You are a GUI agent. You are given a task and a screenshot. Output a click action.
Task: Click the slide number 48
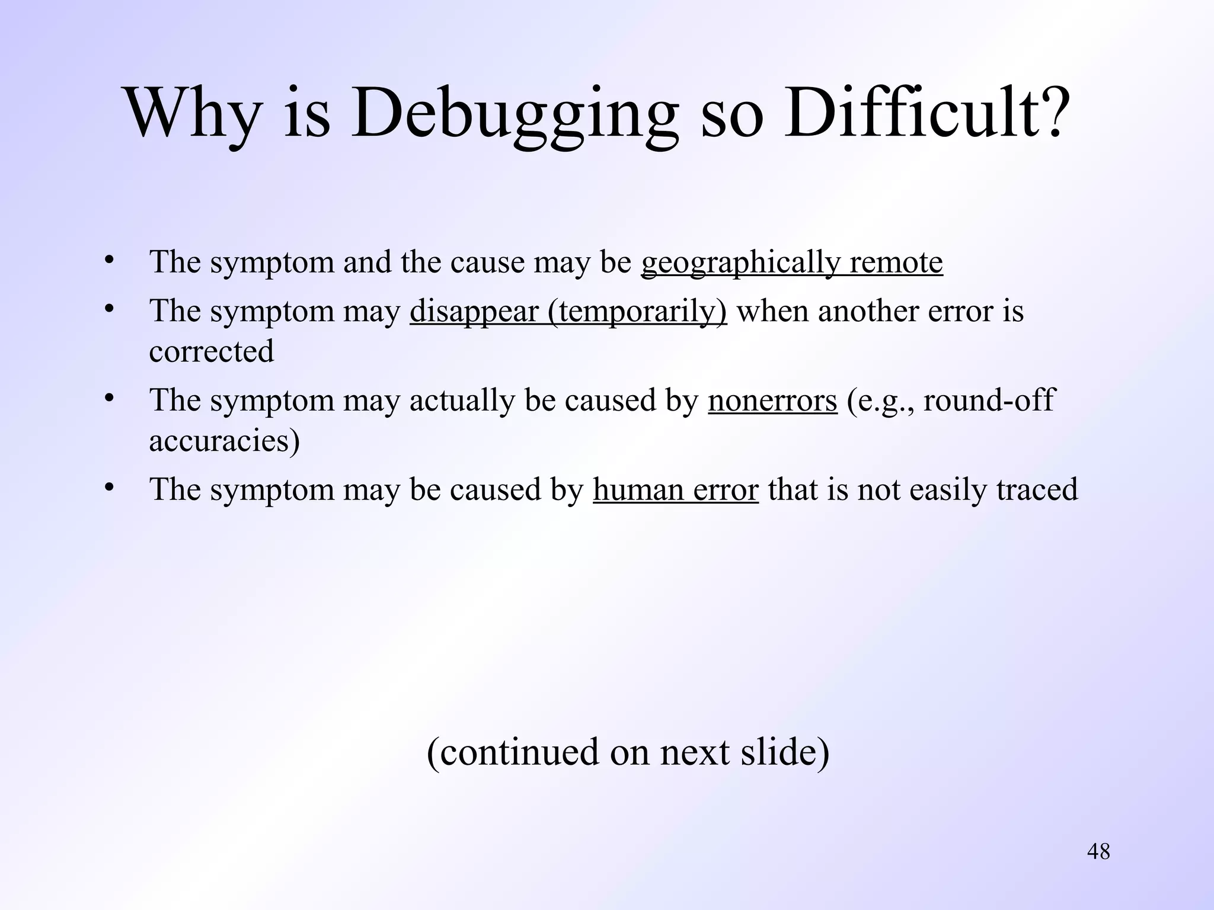pos(1098,852)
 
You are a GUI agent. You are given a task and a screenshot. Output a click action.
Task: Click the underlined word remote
pos(896,262)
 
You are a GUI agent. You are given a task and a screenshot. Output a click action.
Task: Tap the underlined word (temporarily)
pos(637,312)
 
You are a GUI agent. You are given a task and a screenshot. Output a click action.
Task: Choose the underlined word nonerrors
pos(772,400)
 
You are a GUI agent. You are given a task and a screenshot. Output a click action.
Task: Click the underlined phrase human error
pos(675,489)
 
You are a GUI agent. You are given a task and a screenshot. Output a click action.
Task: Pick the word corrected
pos(212,351)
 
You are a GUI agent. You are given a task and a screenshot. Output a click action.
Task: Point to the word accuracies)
pos(224,440)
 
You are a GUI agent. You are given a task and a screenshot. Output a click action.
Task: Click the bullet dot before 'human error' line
pos(108,488)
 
